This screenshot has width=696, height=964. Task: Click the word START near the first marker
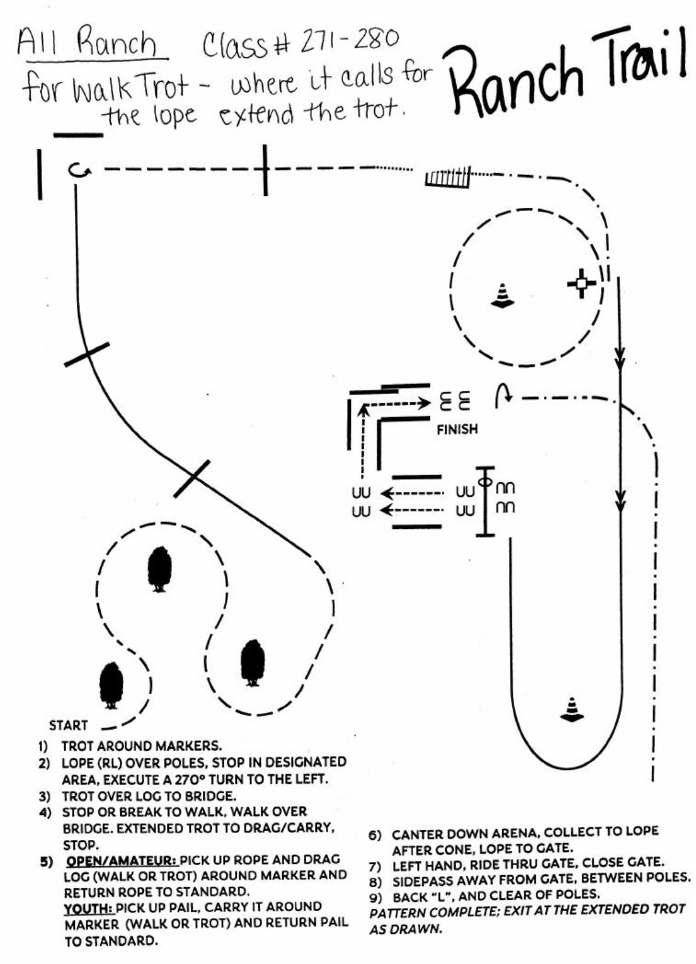pyautogui.click(x=69, y=725)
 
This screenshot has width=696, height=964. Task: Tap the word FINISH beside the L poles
pyautogui.click(x=457, y=429)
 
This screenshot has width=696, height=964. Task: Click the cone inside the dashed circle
pyautogui.click(x=502, y=296)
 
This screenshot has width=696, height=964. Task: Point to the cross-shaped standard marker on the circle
pyautogui.click(x=581, y=284)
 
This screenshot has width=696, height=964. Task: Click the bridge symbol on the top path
pyautogui.click(x=448, y=178)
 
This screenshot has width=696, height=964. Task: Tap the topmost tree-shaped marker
pyautogui.click(x=159, y=569)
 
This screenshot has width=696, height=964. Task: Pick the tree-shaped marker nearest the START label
pyautogui.click(x=111, y=685)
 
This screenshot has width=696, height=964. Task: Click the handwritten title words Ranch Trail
pyautogui.click(x=567, y=66)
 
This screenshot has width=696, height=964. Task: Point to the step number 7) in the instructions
pyautogui.click(x=376, y=863)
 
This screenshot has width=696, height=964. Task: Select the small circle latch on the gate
pyautogui.click(x=484, y=482)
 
